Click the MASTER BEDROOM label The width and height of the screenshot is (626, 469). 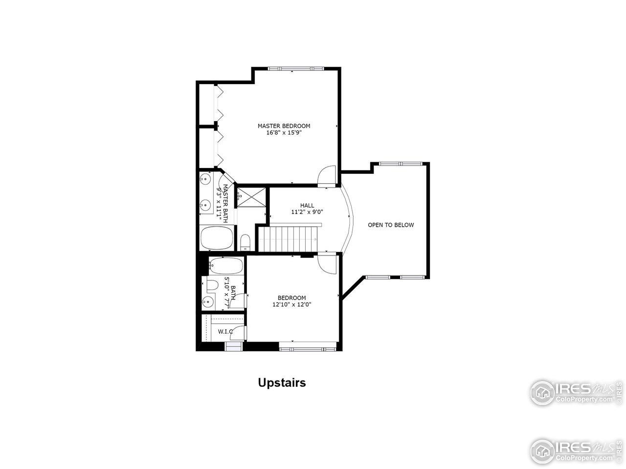click(284, 126)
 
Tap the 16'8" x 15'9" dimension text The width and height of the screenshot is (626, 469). click(284, 132)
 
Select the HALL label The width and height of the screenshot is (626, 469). click(307, 206)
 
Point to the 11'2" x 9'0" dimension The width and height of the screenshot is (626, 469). click(307, 212)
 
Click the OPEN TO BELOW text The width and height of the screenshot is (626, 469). click(391, 225)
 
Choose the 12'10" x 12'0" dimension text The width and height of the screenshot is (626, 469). click(292, 304)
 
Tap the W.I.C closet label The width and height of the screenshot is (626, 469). click(225, 332)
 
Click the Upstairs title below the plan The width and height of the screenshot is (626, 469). click(282, 383)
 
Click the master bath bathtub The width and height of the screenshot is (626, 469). click(218, 238)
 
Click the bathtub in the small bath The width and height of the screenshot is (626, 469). click(225, 266)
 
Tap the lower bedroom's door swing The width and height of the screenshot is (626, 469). click(326, 264)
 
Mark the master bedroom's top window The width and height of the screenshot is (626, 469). click(295, 68)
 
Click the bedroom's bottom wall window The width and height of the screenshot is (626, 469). click(308, 348)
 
